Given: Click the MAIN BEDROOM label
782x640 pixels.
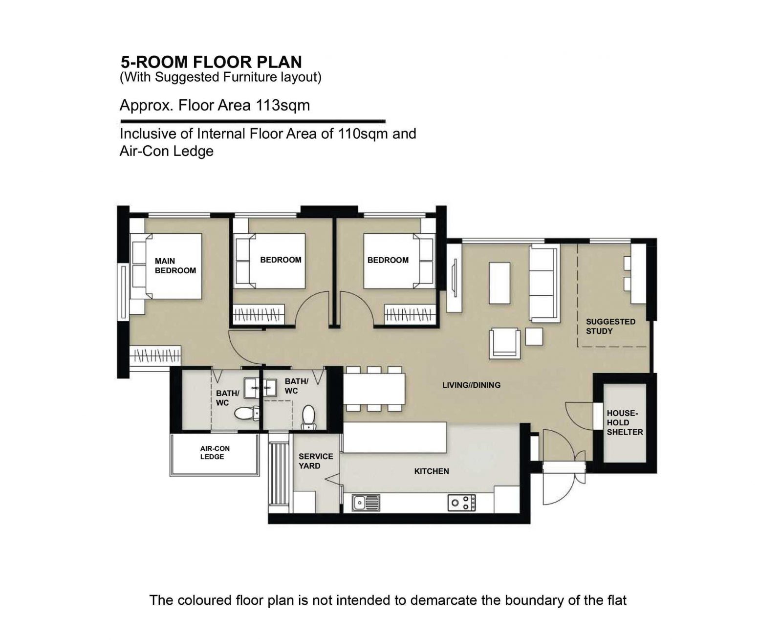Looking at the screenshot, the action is coord(175,265).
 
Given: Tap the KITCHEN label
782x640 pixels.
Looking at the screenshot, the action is coord(431,471).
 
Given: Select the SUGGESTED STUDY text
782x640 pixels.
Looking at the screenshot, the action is coord(610,326).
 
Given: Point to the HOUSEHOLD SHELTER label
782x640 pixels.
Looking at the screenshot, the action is coord(625,422).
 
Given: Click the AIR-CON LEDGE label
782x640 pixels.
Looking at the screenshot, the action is coord(215,452).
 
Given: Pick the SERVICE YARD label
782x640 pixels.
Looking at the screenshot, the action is coord(316,461).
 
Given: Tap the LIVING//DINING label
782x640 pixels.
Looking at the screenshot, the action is coord(471,385).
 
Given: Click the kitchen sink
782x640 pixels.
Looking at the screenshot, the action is coord(366,503).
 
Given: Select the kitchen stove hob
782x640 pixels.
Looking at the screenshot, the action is coord(462,503).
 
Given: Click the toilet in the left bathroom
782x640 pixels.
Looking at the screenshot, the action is coord(247,414).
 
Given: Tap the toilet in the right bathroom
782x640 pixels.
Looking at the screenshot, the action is coord(308,418).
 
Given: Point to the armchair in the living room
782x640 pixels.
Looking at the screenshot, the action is coord(504,343).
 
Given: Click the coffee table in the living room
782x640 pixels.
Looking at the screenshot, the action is coord(500,283).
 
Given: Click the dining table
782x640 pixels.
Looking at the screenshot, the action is coord(374,389).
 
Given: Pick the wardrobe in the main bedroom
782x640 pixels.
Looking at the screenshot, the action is coord(155,355).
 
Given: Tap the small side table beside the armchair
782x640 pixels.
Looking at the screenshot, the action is coord(534,337).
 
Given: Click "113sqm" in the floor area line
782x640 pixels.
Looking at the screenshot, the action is coord(278,106).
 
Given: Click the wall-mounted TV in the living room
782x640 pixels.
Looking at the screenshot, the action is coord(454,278).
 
